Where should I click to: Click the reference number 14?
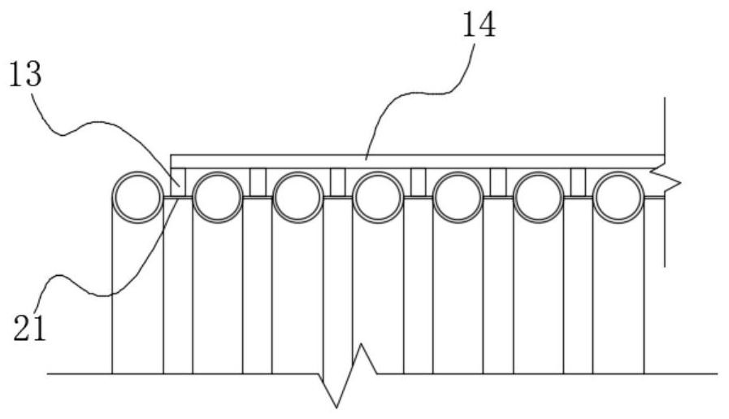[x=478, y=26]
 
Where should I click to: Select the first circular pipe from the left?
[x=137, y=197]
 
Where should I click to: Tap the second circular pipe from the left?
[x=217, y=197]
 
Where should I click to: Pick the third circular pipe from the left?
[x=297, y=197]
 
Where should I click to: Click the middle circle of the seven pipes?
[x=377, y=197]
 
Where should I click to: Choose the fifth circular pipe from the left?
[x=457, y=197]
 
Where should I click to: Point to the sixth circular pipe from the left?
[x=537, y=197]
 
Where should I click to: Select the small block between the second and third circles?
[x=258, y=181]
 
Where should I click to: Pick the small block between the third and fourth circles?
[x=337, y=181]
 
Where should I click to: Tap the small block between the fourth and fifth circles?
[x=418, y=181]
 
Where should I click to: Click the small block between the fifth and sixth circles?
[x=497, y=181]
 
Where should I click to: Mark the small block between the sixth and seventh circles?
[x=578, y=181]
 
